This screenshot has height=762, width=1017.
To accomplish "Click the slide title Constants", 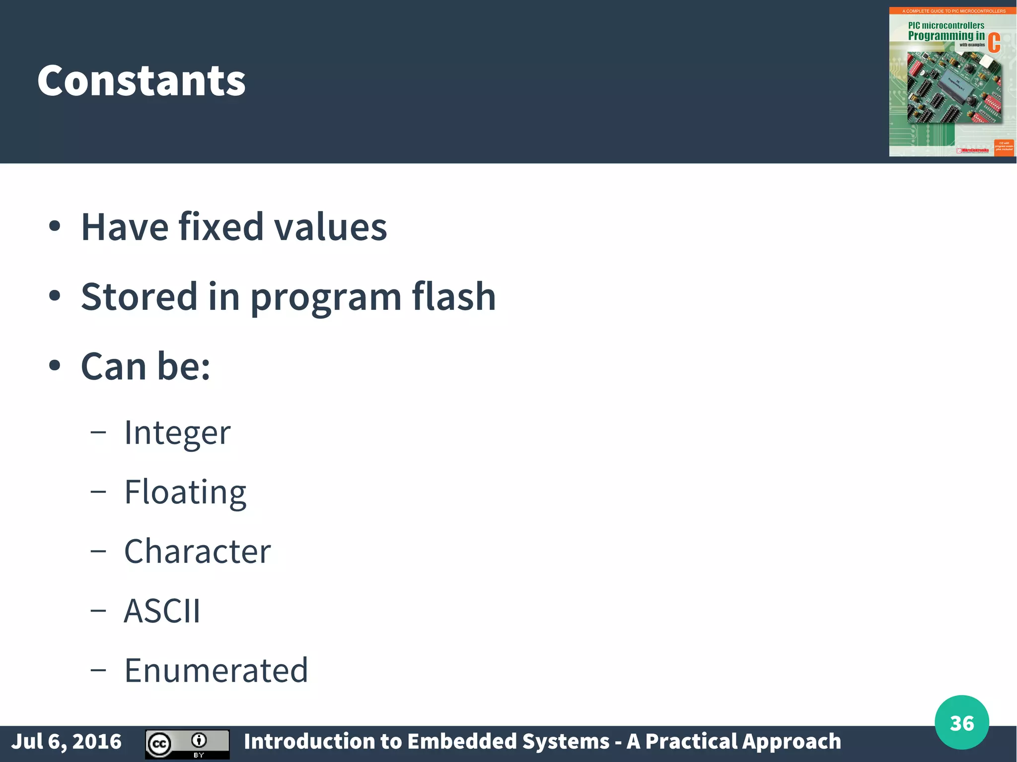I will coord(142,81).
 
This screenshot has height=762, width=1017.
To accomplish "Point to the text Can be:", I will coord(145,366).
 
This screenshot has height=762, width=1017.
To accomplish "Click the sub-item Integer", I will coord(177,433).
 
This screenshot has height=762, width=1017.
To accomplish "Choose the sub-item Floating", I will coord(185,492).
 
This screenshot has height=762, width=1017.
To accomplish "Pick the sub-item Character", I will coord(197,552).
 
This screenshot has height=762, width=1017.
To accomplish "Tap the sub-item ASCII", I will coord(162,611).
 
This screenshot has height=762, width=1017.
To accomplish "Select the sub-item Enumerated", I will coord(216,670).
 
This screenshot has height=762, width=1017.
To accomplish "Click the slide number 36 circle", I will coord(961,723).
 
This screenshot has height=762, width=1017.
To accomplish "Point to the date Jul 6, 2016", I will coord(66,742).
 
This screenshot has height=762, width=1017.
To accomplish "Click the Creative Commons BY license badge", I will coord(187,744).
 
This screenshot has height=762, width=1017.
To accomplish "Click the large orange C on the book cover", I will coord(994,43).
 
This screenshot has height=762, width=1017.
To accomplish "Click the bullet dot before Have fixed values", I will coord(55,227).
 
